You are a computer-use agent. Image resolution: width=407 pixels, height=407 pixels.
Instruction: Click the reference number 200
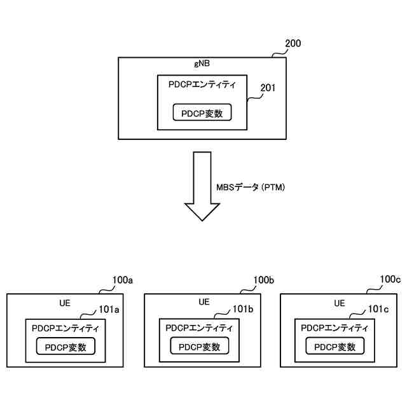pos(293,44)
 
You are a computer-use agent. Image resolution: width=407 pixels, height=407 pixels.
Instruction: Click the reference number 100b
pos(263,280)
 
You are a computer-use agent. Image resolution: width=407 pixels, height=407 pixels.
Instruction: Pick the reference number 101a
pos(109,308)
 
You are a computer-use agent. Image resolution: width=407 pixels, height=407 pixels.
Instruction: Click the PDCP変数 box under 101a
pos(66,347)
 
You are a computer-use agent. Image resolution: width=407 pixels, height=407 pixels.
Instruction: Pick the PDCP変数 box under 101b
pos(199,347)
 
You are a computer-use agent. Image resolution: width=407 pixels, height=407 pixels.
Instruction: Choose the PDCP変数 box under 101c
pos(335,347)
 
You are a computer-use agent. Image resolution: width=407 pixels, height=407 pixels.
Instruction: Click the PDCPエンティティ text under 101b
pos(199,328)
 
